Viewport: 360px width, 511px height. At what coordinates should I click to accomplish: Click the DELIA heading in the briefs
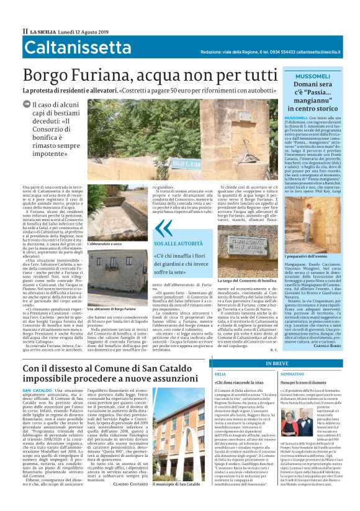coord(220,374)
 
